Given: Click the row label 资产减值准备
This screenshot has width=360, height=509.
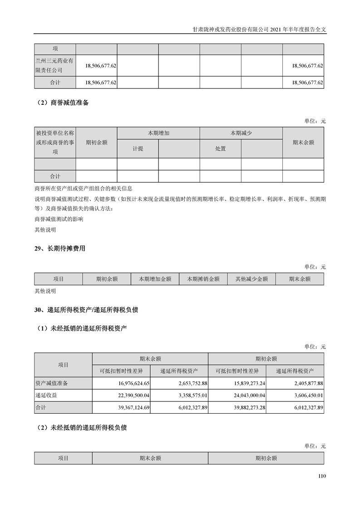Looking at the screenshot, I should coord(51,383).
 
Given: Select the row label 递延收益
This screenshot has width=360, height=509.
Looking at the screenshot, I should coord(46,396).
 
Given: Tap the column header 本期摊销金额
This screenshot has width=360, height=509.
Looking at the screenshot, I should coord(203,279).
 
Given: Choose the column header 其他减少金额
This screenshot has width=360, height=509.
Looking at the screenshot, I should coord(252,279).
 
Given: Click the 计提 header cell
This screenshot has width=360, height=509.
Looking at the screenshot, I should coord(138,149).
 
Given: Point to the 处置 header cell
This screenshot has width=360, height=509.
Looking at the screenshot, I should coord(220,149).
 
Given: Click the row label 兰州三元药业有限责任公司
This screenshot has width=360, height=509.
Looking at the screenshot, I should coord(54,65).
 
